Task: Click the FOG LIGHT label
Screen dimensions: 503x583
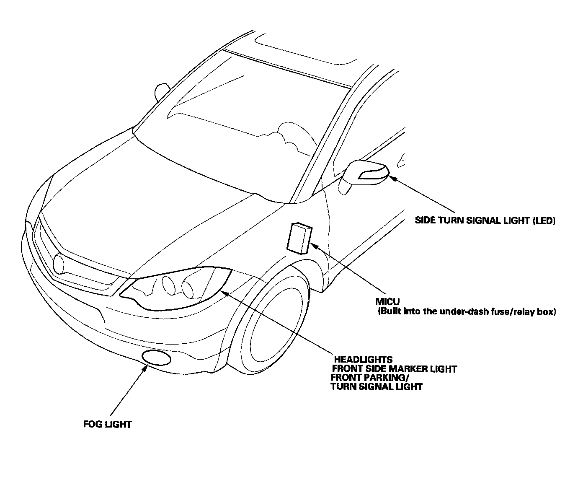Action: coord(107,424)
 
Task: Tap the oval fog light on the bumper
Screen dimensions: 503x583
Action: coord(157,358)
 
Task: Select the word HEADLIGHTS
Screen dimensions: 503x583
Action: coord(363,360)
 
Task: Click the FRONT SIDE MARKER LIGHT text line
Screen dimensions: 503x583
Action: coord(394,369)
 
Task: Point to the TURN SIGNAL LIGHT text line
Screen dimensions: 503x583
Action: coord(377,386)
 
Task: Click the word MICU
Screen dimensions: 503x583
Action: coord(387,301)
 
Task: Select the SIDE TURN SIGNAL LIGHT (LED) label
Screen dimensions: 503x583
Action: coord(485,220)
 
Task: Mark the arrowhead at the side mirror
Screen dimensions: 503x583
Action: coord(392,178)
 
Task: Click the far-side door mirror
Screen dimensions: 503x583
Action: coord(161,91)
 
